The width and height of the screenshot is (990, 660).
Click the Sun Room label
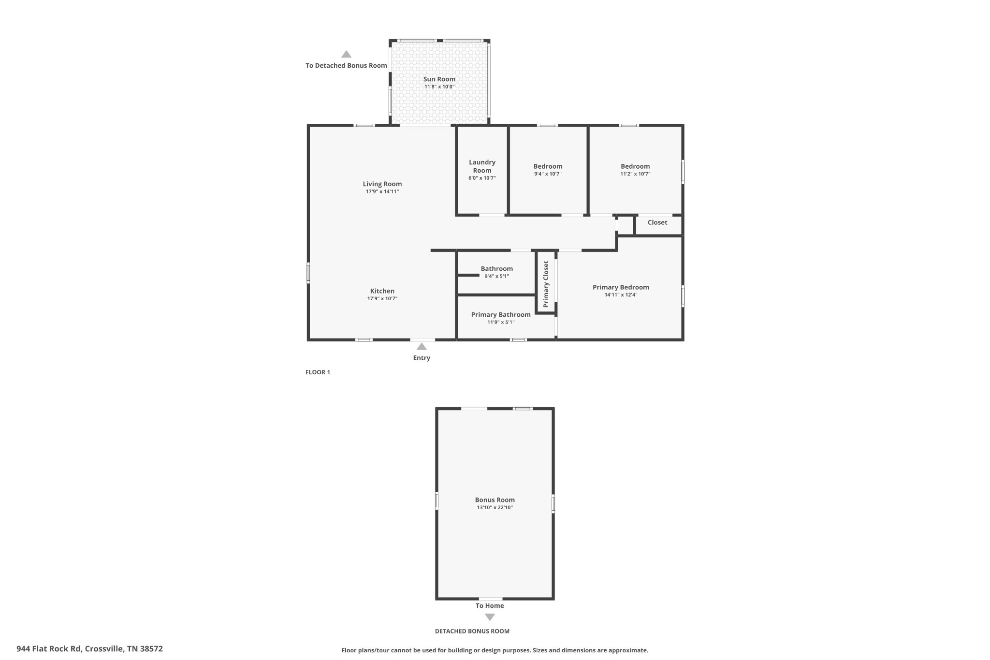pos(439,79)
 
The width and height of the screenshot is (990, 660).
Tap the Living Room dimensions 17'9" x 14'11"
pos(382,191)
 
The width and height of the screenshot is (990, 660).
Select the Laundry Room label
pos(482,166)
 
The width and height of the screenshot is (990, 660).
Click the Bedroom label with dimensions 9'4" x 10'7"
pos(548,166)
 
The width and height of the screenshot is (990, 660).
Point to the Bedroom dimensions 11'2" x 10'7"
pos(635,174)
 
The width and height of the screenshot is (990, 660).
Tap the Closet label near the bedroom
pos(657,222)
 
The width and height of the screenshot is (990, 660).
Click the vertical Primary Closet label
pos(546,284)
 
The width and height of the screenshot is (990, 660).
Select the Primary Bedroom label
pos(621,287)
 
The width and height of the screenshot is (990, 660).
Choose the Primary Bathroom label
pos(501,315)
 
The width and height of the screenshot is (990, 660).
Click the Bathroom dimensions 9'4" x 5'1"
pos(496,277)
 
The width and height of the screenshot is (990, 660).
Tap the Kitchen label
pos(382,291)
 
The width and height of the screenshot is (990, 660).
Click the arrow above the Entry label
pos(422,346)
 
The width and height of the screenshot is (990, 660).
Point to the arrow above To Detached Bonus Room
pos(346,54)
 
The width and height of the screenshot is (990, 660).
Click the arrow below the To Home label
pos(490,617)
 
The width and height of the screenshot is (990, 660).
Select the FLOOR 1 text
pos(318,372)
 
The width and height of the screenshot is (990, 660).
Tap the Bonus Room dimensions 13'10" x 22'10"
pos(495,508)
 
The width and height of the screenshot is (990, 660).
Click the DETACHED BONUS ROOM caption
pos(472,631)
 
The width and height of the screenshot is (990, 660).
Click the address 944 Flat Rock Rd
pos(89,649)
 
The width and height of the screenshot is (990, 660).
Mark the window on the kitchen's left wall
pos(308,273)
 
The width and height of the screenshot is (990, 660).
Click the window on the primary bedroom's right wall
pos(683,296)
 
